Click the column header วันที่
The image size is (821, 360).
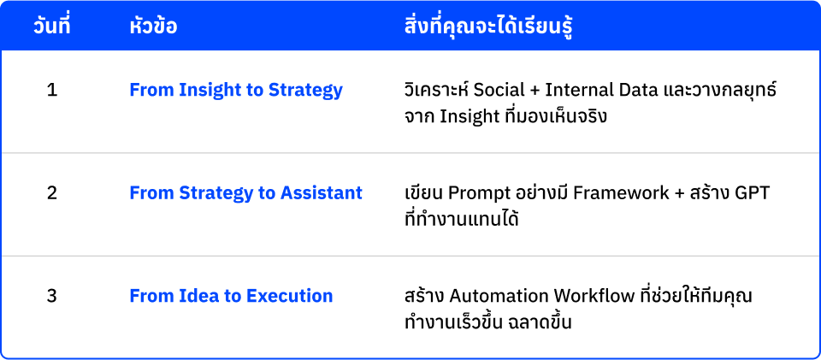point(51,27)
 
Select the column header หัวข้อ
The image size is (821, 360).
point(154,27)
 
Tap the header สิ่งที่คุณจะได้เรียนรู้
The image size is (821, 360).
point(487,27)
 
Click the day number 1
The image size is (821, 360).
point(51,90)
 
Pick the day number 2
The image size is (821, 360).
point(51,193)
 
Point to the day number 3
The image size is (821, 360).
point(51,296)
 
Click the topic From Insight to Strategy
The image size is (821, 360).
point(236,90)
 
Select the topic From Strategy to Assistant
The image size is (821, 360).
point(245,193)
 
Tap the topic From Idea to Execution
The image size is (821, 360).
point(231,296)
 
